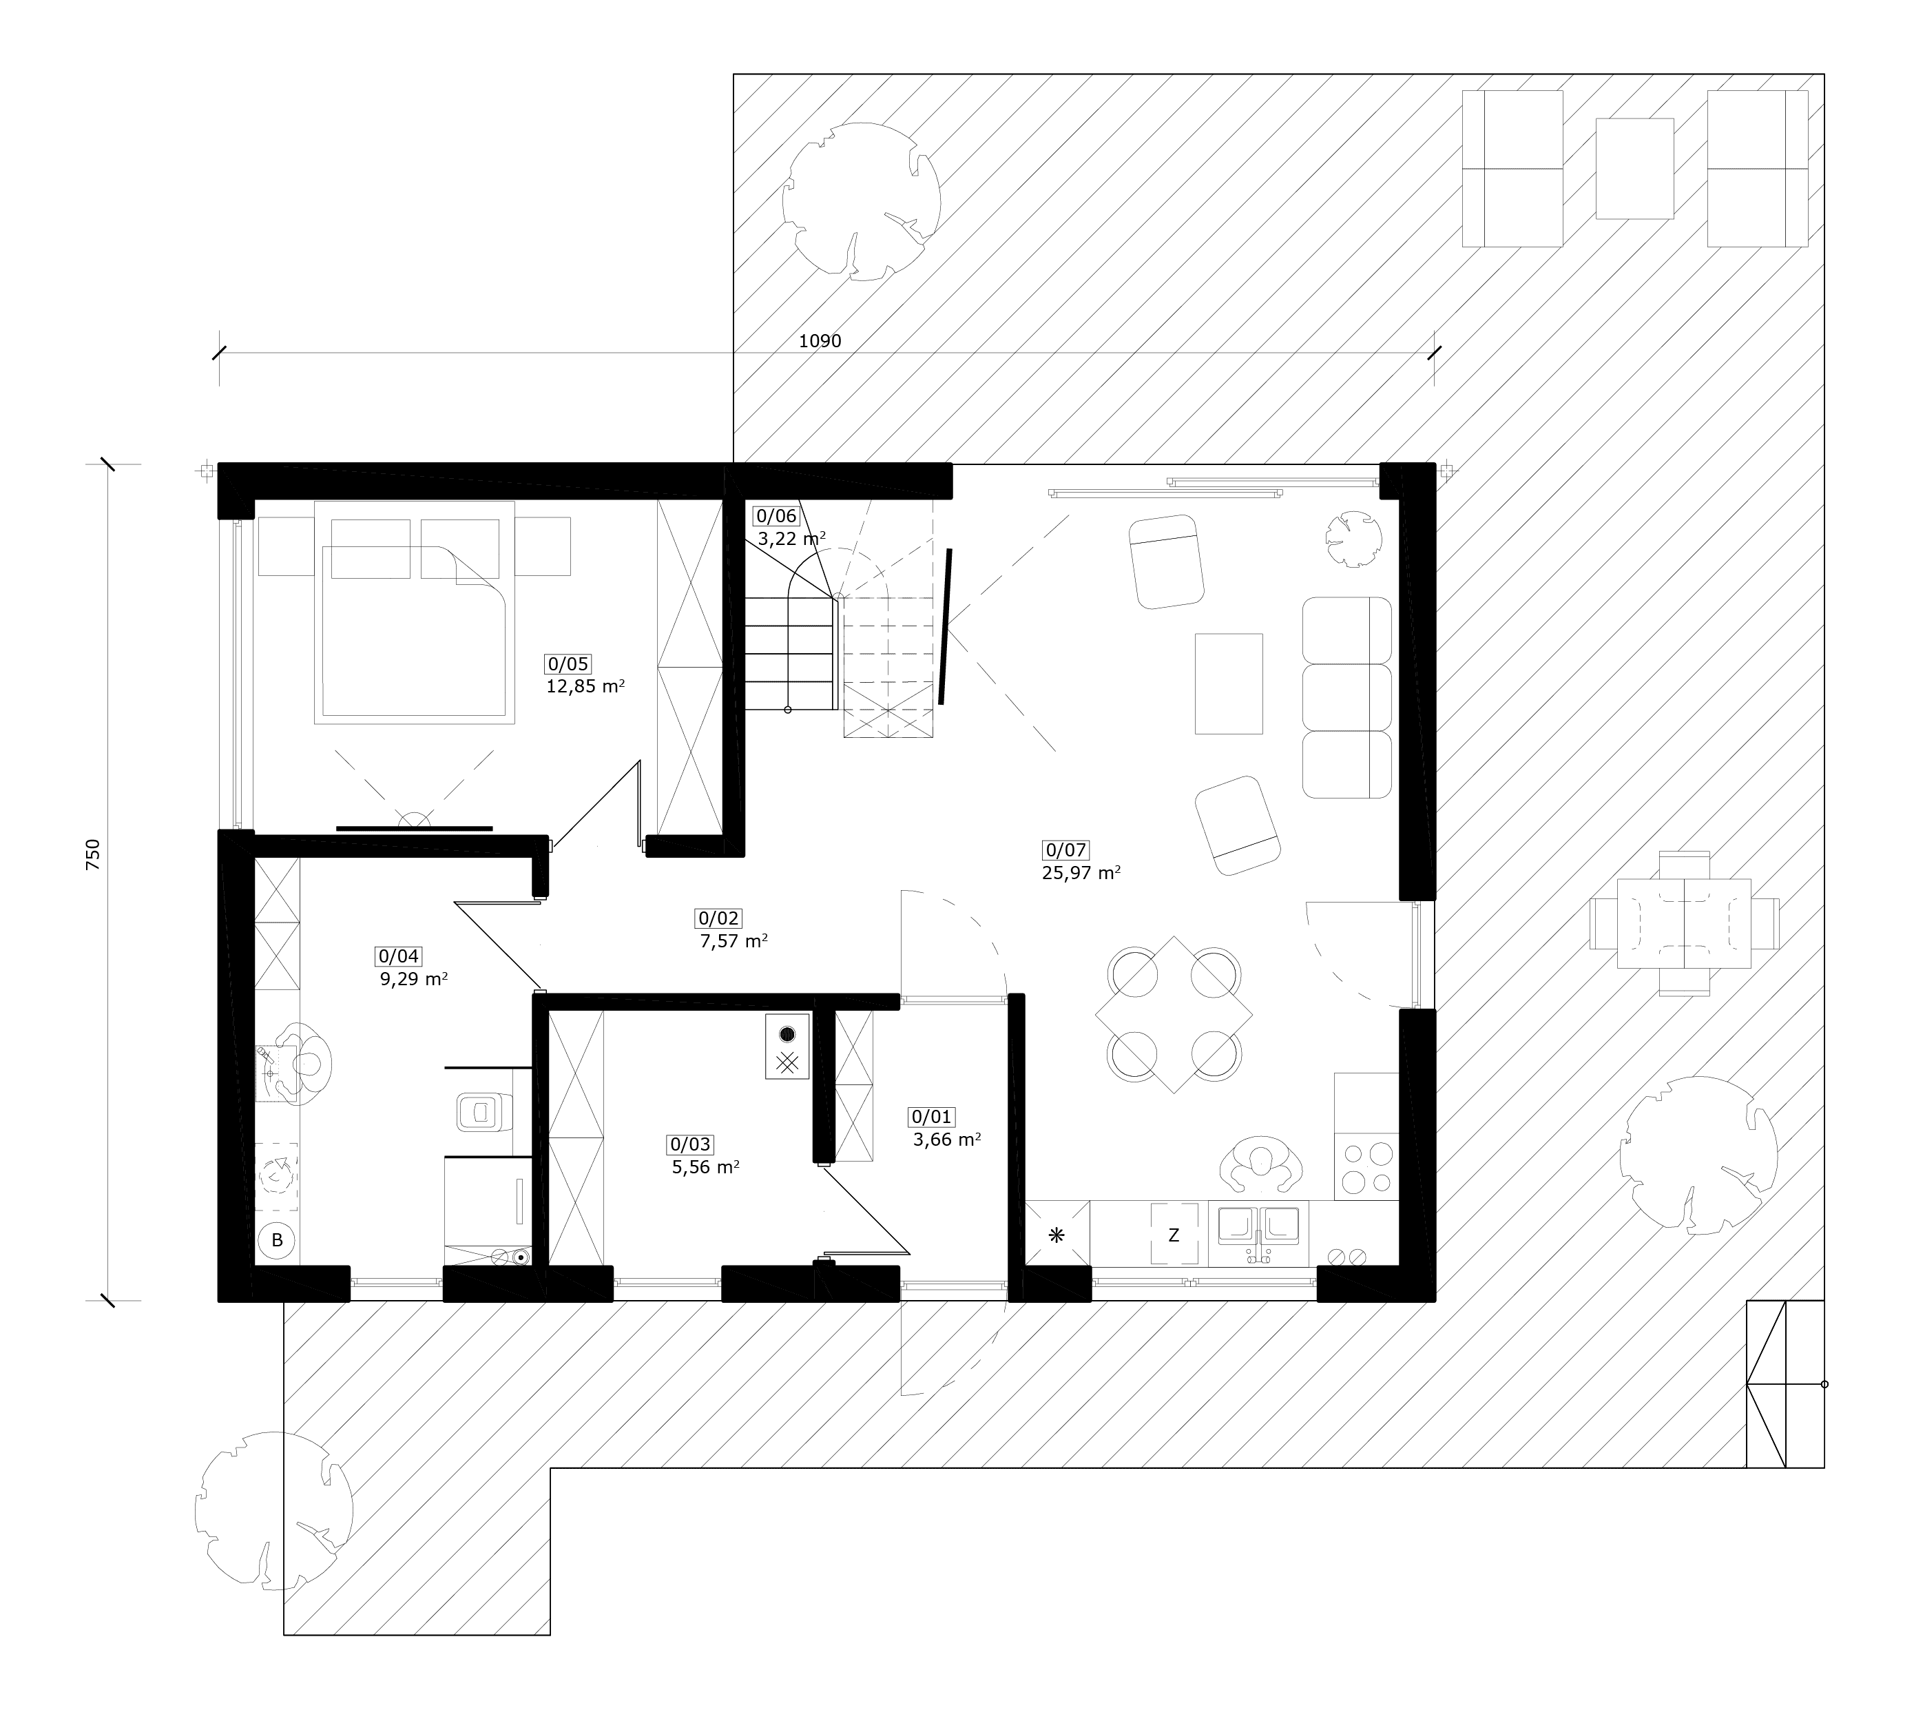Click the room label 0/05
(568, 664)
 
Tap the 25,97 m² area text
(1081, 872)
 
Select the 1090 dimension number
(820, 341)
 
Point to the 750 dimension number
(92, 855)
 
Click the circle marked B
(277, 1240)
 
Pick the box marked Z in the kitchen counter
(1174, 1235)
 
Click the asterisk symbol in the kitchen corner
(1057, 1235)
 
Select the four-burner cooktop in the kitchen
(1366, 1166)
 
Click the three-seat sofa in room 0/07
(1346, 697)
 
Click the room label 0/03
(689, 1144)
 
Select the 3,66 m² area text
(947, 1140)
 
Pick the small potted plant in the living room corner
(1353, 539)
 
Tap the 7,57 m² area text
(734, 940)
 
